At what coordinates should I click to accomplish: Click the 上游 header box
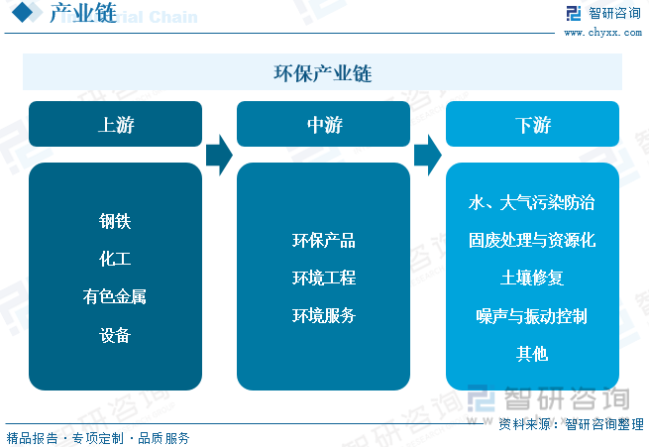point(115,125)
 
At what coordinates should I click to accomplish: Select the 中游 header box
point(323,125)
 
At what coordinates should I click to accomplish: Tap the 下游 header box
point(532,125)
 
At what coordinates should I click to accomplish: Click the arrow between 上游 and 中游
point(219,155)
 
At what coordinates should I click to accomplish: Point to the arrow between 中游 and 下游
point(427,155)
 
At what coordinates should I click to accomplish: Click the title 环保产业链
point(323,73)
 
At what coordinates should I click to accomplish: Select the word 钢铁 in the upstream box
point(115,221)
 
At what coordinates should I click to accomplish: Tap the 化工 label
point(115,259)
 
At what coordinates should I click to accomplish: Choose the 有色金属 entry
point(115,296)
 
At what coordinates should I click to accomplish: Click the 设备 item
point(115,335)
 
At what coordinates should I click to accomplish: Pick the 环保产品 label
point(323,241)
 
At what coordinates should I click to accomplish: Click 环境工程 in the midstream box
point(323,279)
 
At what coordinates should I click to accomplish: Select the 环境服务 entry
point(323,316)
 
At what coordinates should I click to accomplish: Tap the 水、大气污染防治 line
point(532,203)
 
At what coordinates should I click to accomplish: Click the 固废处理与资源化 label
point(532,241)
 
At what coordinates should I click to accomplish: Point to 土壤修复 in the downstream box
point(532,279)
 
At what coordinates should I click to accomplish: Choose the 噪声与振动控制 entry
point(532,316)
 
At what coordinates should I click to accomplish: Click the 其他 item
point(532,354)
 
